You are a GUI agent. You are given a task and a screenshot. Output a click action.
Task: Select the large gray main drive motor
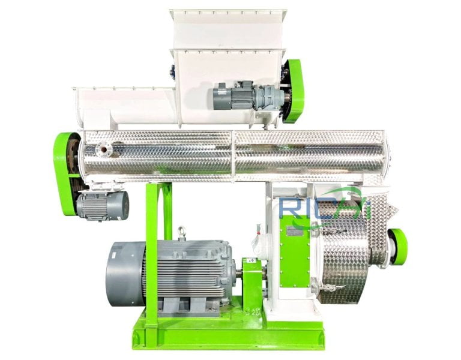(180, 270)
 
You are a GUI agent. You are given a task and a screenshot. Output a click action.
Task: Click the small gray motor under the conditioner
(102, 205)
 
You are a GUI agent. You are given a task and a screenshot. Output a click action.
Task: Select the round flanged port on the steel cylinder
(106, 148)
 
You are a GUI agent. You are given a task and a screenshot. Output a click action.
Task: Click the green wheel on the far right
(397, 246)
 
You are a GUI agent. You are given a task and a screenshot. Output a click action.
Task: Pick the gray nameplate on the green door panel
(294, 231)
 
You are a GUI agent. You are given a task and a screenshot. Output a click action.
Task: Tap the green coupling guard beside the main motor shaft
(252, 282)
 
